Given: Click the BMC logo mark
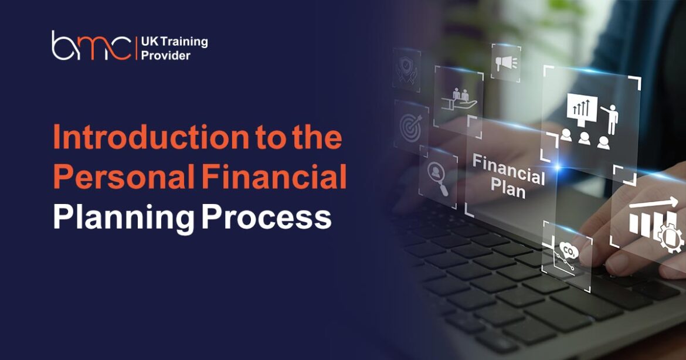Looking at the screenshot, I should (91, 47).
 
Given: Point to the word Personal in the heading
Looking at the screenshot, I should (124, 178).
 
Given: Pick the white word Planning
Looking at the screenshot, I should (123, 218).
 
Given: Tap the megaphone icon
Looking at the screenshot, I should (505, 62).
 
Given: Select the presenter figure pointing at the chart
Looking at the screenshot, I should (610, 117).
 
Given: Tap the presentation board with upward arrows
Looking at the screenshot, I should (581, 110).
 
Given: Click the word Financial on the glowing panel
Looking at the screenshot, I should (508, 168).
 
